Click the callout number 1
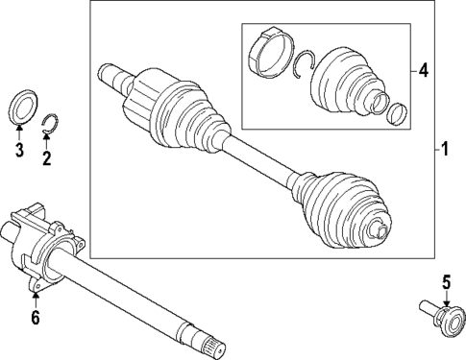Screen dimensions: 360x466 445,150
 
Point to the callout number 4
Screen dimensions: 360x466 423,70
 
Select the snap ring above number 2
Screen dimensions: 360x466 53,123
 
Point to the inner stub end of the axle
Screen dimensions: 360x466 109,74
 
